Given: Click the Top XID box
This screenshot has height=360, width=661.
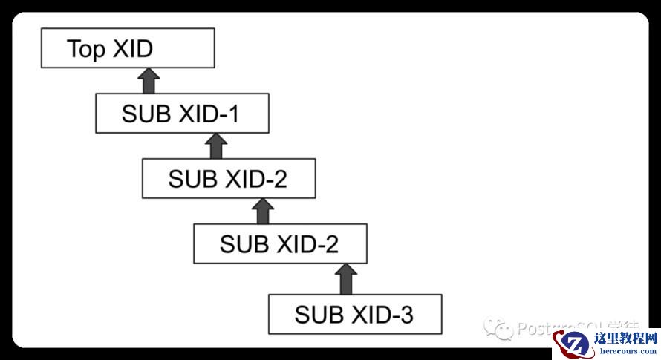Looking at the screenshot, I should tap(128, 49).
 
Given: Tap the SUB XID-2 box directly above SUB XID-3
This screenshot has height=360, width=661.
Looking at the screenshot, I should tap(280, 243).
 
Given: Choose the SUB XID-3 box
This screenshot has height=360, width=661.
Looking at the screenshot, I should tap(354, 314).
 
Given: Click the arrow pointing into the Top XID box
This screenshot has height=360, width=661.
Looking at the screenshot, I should tap(149, 81).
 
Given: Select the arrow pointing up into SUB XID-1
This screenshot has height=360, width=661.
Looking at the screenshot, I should tap(215, 145).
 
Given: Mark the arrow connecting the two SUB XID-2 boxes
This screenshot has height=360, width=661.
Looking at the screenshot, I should tap(263, 210).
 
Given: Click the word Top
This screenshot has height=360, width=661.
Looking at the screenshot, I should tap(86, 49).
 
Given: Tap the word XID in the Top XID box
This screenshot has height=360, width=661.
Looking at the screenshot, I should tap(133, 49).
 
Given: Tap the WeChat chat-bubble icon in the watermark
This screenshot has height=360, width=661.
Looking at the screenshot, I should tap(498, 327).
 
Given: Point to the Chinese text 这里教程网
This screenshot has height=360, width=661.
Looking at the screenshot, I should tap(626, 338).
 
